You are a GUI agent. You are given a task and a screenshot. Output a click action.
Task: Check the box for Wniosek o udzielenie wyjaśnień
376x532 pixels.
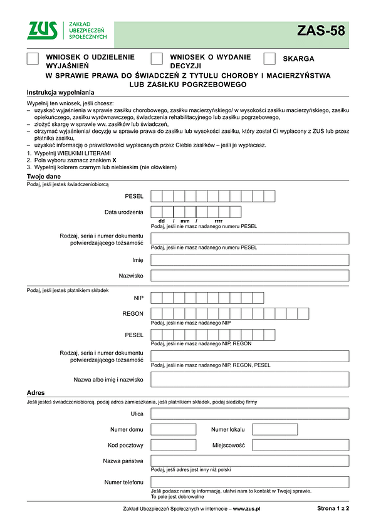pos(33,59)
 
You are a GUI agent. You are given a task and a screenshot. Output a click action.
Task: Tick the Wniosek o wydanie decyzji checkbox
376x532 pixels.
pos(157,59)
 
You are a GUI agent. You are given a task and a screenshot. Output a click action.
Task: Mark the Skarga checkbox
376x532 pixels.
pos(269,59)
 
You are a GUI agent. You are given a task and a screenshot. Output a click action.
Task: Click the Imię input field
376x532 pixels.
pos(249,260)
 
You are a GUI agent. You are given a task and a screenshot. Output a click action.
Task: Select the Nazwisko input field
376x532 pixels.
pos(249,276)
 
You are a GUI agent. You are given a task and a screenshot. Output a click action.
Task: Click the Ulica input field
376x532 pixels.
pos(249,414)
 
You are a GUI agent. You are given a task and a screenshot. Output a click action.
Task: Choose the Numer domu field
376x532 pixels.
pos(174,429)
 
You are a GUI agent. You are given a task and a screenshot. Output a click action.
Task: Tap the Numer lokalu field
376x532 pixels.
pos(274,429)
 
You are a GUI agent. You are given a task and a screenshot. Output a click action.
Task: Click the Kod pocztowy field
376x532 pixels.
pos(174,445)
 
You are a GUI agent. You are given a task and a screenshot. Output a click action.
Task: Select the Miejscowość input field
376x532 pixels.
pos(300,445)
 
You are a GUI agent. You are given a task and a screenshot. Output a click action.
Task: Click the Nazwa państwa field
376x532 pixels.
pos(249,461)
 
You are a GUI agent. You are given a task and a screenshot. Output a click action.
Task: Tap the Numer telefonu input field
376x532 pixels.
pos(249,482)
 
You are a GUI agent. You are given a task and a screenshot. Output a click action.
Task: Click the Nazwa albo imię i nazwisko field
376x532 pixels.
pos(249,379)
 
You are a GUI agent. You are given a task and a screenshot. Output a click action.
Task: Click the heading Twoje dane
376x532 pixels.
pos(44,177)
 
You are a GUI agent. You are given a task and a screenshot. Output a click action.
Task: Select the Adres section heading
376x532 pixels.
pos(36,392)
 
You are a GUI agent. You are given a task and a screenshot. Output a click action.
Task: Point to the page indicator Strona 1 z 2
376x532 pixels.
pos(333,509)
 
